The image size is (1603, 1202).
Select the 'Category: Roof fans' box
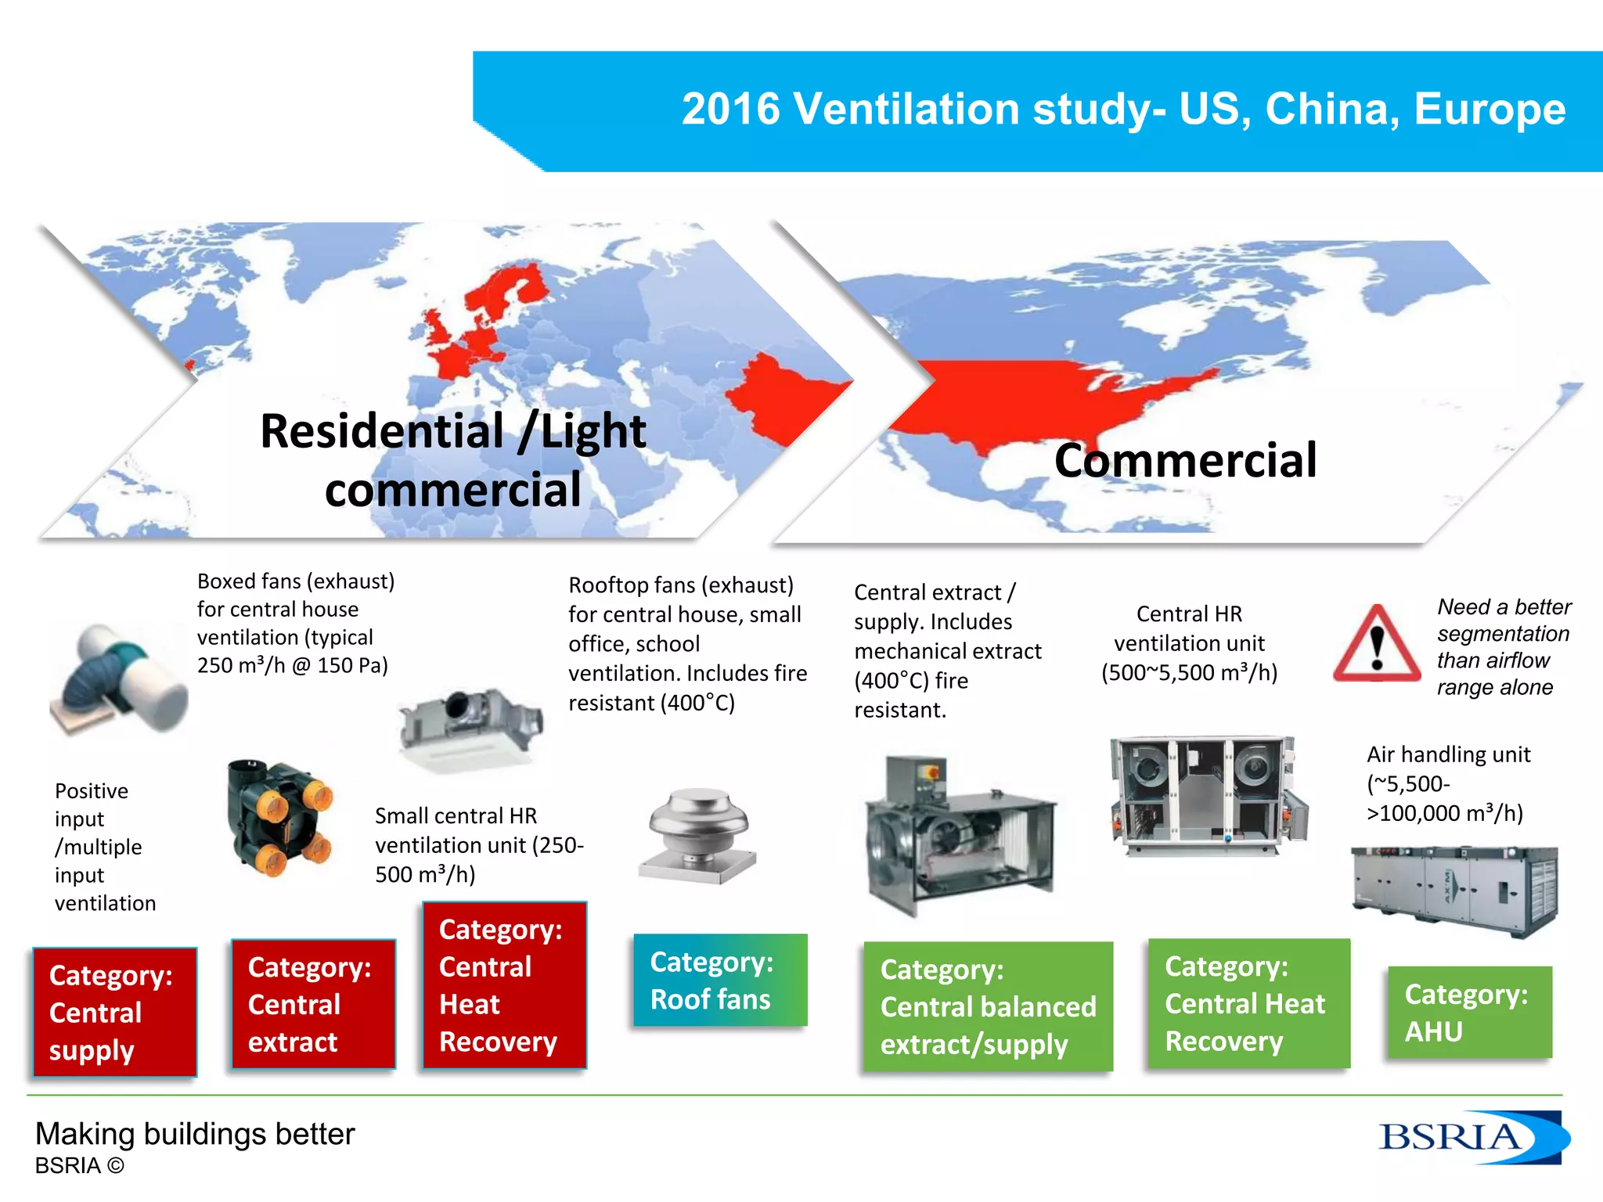point(719,980)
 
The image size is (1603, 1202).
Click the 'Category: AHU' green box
point(1469,1013)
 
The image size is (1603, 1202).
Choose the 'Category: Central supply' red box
point(114,1012)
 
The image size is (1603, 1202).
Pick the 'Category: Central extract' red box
point(313,1004)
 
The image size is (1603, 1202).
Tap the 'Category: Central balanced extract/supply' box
point(988,1006)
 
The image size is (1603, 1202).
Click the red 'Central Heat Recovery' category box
point(504,985)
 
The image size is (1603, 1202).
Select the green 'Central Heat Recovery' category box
point(1248,1003)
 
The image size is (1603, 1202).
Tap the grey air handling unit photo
point(1454,890)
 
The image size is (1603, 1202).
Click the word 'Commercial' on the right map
point(1185,460)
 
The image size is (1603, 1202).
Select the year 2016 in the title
point(730,109)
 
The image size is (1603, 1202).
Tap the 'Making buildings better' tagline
point(195,1134)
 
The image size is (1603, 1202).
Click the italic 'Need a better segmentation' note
point(1503,646)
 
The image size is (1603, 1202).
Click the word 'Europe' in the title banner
point(1490,109)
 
